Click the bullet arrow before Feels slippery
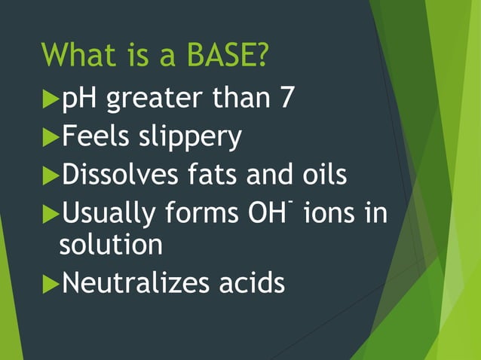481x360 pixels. [x=51, y=137]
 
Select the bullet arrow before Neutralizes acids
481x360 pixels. [x=51, y=283]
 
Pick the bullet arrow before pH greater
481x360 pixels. [x=51, y=99]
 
